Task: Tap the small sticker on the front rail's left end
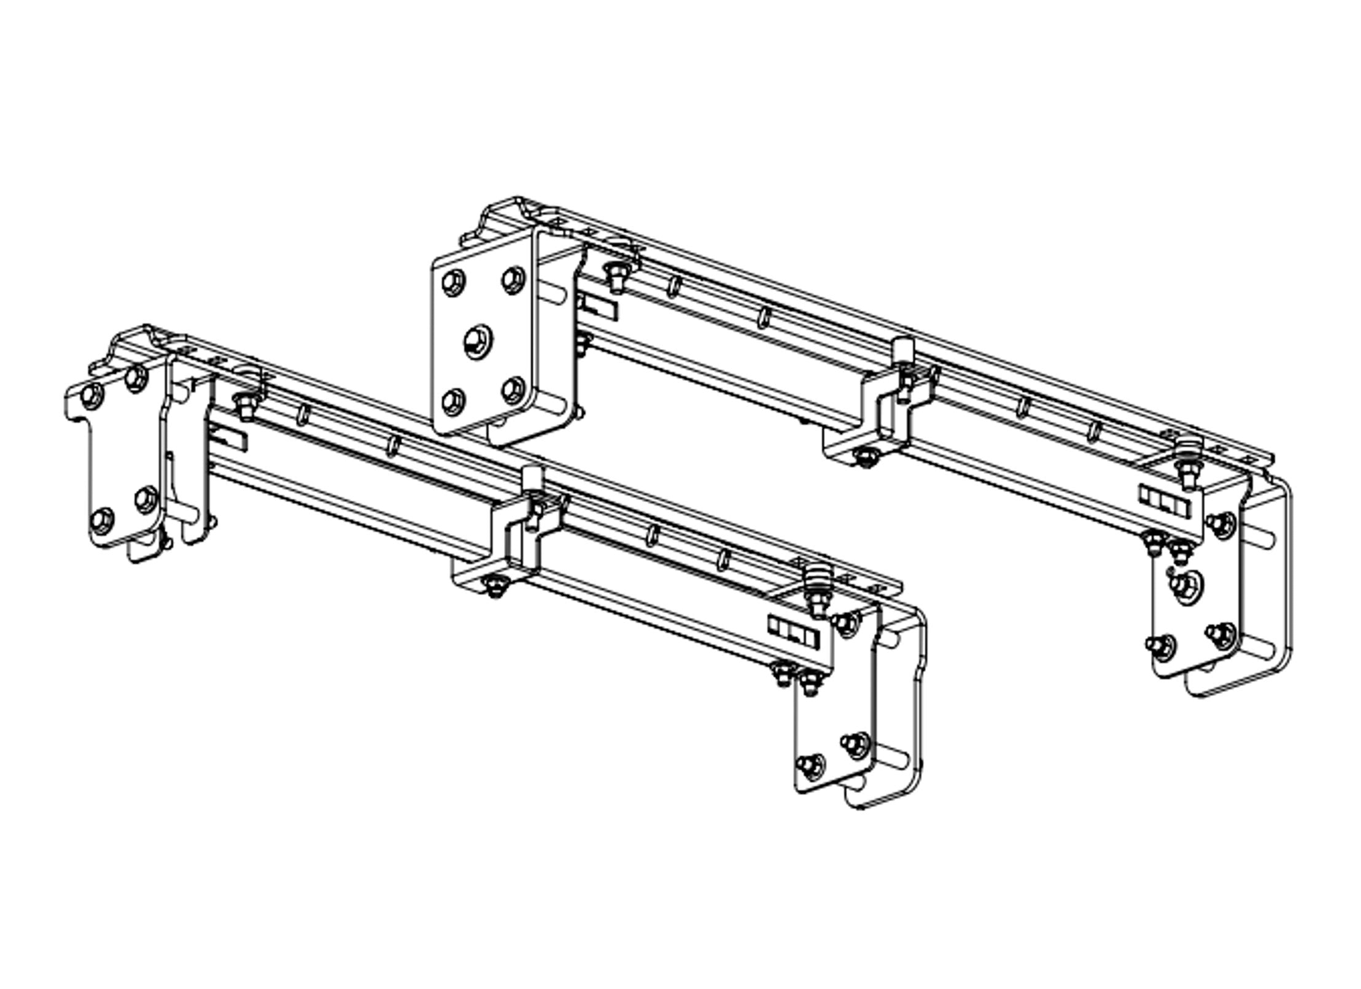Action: [x=229, y=437]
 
